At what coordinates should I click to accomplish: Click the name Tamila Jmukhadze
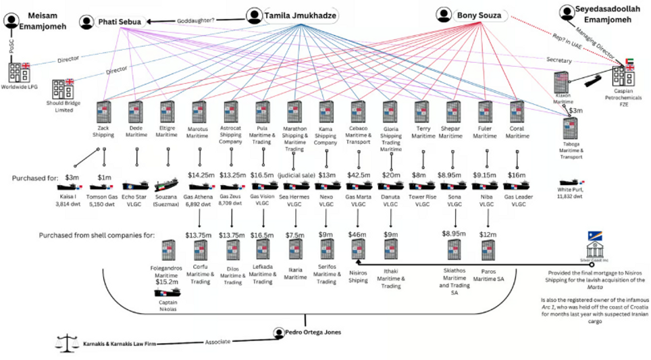[301, 16]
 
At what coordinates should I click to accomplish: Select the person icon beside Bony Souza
[444, 14]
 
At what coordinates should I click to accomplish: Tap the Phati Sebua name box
[120, 22]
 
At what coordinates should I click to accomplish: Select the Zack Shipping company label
[103, 131]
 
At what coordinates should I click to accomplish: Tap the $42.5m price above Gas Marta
[357, 175]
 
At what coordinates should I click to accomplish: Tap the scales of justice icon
[66, 343]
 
